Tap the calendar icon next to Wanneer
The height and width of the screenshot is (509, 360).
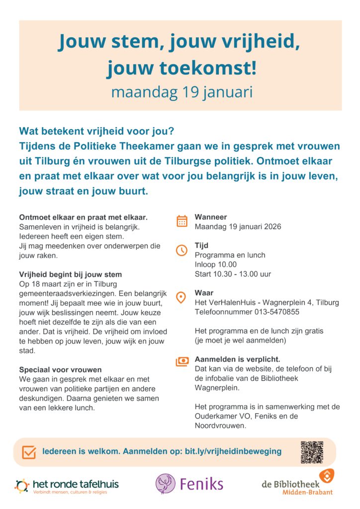tap(182, 221)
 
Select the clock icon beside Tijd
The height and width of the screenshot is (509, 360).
tap(182, 250)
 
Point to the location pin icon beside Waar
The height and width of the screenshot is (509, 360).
tap(182, 297)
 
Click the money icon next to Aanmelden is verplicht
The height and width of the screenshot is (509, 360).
tap(182, 361)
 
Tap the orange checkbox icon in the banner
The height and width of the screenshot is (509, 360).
tap(29, 452)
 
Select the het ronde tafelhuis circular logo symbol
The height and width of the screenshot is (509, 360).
tap(22, 486)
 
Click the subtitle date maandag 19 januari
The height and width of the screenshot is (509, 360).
tap(181, 92)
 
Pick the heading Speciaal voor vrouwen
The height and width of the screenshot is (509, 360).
tap(60, 369)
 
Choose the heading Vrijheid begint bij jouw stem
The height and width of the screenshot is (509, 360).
tap(70, 274)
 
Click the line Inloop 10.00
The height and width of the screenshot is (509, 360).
tap(216, 264)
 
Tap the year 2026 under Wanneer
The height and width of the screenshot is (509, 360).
tap(271, 227)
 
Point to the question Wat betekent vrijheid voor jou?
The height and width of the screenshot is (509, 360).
tap(96, 132)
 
